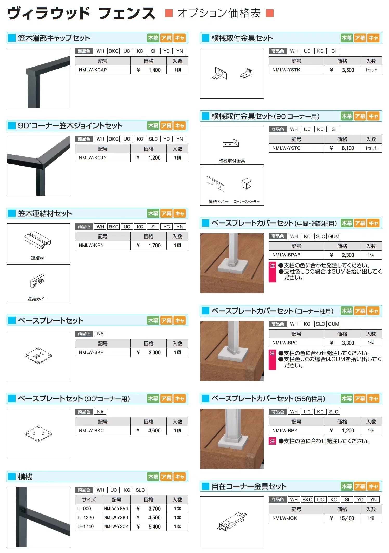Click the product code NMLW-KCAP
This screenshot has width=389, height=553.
tap(93, 70)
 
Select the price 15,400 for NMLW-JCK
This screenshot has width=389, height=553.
tap(347, 518)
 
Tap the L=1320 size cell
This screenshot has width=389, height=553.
tap(86, 517)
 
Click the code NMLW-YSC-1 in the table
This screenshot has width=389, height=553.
tap(116, 526)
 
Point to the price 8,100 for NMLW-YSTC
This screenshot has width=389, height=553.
tap(348, 148)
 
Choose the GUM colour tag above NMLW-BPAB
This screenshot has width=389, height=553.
tap(334, 236)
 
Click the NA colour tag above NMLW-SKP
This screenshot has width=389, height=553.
tap(100, 334)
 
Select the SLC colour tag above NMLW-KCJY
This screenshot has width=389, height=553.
tap(153, 139)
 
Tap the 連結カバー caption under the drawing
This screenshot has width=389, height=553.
tap(37, 299)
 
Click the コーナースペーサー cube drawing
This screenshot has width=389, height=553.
tap(246, 184)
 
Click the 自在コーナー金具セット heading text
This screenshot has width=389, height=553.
tap(249, 486)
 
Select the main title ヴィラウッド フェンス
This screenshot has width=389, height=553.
tap(81, 13)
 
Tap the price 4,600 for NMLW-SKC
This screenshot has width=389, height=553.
tap(154, 431)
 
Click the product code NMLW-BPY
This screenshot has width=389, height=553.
tap(285, 431)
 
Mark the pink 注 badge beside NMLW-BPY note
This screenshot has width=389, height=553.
tap(272, 441)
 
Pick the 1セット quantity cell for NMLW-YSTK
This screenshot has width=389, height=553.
tap(371, 70)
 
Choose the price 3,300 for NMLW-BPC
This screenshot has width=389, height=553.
tap(348, 343)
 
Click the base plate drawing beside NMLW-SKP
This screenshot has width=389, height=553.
tap(38, 355)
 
